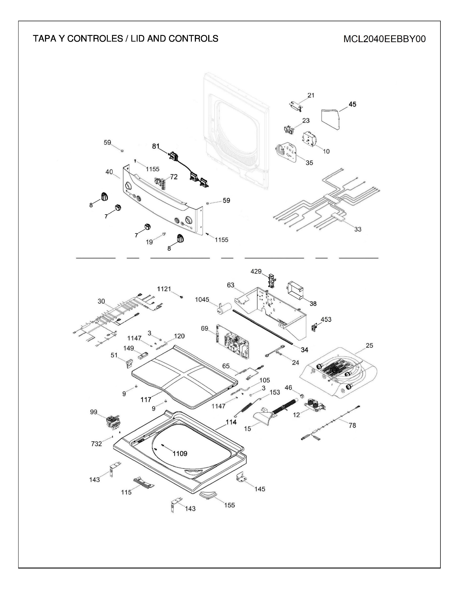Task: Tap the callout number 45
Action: pyautogui.click(x=352, y=104)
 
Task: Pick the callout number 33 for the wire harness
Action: pyautogui.click(x=358, y=229)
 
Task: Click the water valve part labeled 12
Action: pyautogui.click(x=314, y=406)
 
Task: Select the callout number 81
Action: pyautogui.click(x=156, y=146)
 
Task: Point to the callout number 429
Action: pyautogui.click(x=256, y=271)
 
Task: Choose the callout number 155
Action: pyautogui.click(x=229, y=505)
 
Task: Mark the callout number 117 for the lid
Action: pyautogui.click(x=146, y=400)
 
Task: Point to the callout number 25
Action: pyautogui.click(x=369, y=346)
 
